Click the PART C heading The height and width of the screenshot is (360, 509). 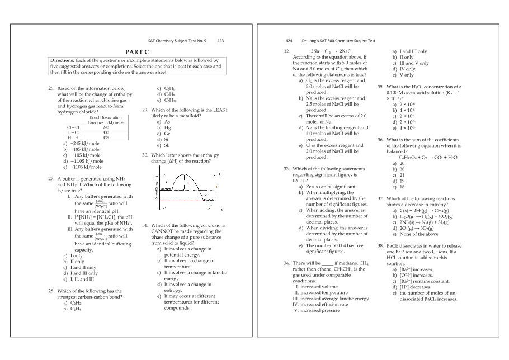tap(136, 51)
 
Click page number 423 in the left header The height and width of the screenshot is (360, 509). tap(220, 41)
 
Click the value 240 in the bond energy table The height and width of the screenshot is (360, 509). tap(106, 127)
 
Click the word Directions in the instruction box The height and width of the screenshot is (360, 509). tap(65, 60)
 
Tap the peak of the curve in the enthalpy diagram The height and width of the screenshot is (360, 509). tap(187, 174)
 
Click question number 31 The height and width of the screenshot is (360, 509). tap(146, 225)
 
